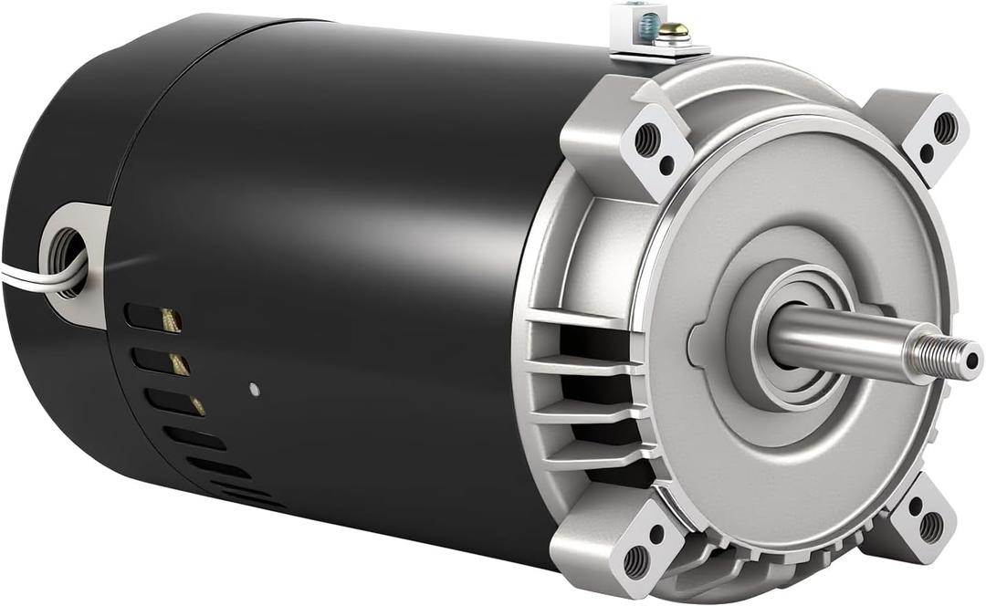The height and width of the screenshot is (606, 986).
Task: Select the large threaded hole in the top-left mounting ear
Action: [646, 139]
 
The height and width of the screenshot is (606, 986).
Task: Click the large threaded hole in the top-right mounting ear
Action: [945, 127]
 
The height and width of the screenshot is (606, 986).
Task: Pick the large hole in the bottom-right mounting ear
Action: [930, 526]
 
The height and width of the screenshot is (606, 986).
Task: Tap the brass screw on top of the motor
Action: [677, 32]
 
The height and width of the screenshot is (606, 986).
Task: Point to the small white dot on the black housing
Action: [254, 390]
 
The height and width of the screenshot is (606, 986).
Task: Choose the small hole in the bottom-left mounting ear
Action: [655, 532]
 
